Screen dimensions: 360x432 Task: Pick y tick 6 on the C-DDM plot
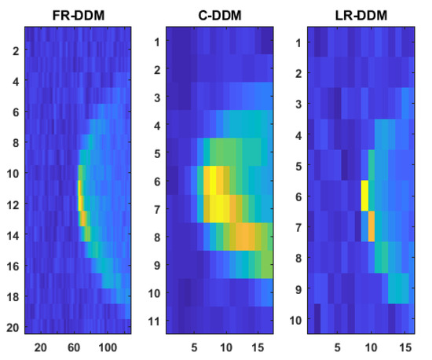coord(157,182)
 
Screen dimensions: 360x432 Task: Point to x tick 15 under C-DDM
coord(257,346)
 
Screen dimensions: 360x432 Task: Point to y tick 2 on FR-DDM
coord(14,50)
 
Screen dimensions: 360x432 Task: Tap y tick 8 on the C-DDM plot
coord(157,237)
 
